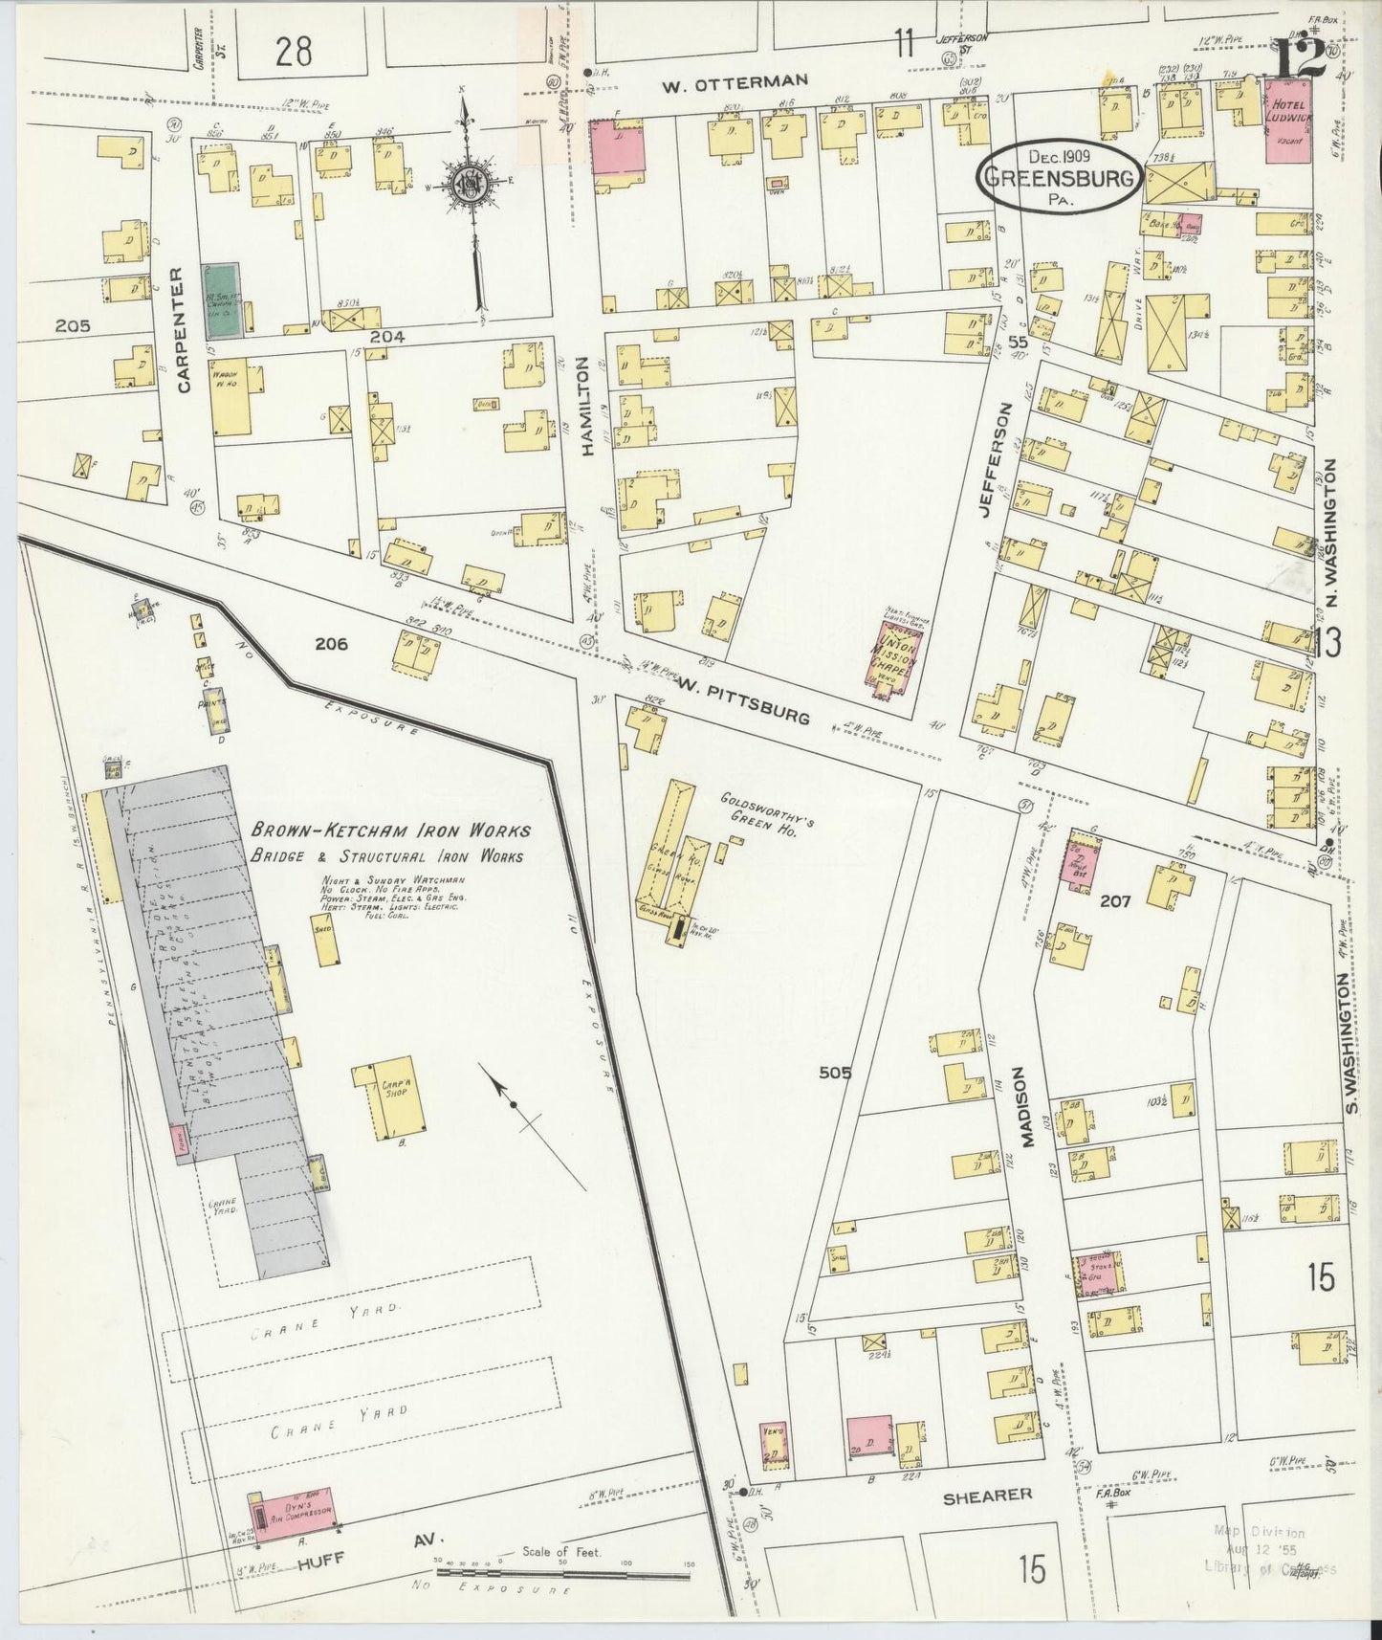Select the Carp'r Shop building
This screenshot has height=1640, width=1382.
click(389, 1097)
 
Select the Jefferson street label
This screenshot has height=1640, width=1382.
click(1004, 459)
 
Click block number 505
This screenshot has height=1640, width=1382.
click(835, 1073)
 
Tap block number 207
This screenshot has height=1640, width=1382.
click(1115, 900)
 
